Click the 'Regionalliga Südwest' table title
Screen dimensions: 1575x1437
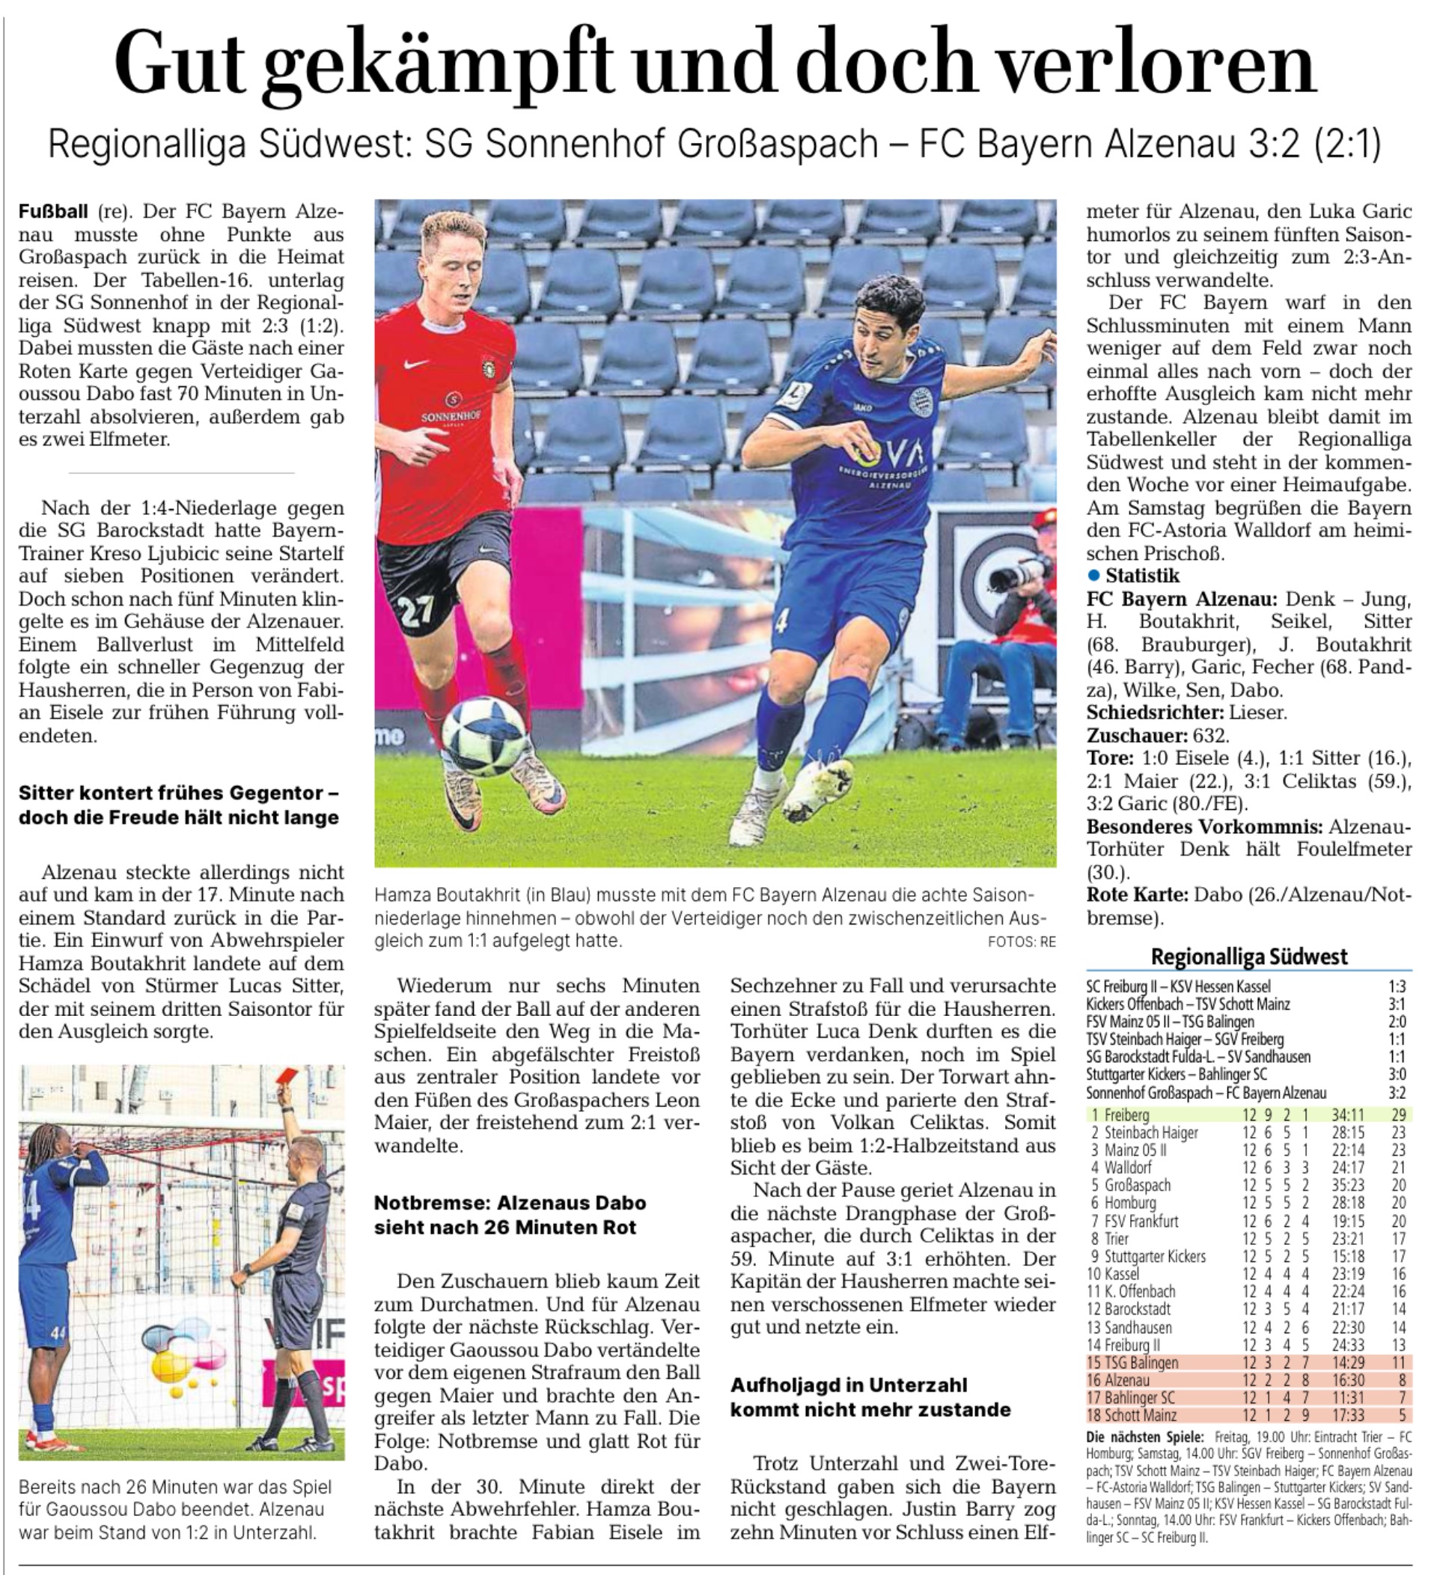pos(1249,956)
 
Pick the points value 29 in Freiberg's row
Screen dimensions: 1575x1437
pos(1398,1115)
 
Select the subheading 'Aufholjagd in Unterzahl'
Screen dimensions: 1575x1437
pos(848,1384)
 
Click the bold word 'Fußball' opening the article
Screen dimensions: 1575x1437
pos(53,211)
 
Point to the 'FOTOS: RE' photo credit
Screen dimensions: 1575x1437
pos(1022,942)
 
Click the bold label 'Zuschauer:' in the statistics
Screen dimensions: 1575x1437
pos(1137,735)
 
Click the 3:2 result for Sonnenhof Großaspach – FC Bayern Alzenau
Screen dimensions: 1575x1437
pos(1397,1093)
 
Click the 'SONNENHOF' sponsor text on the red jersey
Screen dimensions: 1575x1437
pos(451,416)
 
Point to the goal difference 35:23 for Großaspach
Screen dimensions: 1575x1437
pos(1348,1185)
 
